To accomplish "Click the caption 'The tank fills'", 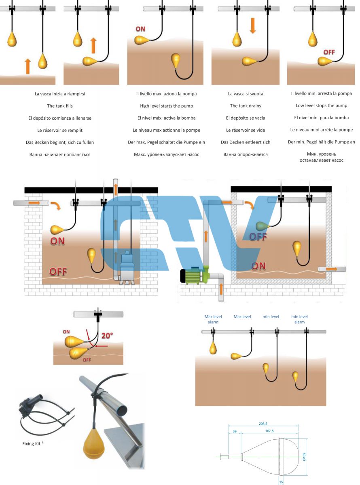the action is click(x=60, y=106).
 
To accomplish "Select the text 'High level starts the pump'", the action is click(x=167, y=106).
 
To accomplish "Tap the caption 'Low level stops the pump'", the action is click(x=322, y=105).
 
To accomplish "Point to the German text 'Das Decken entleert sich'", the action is click(x=246, y=142).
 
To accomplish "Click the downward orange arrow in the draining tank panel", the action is click(x=253, y=25).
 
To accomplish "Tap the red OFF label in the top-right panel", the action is click(x=329, y=52).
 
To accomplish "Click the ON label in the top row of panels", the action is click(x=140, y=29).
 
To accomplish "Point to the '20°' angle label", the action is click(x=107, y=335).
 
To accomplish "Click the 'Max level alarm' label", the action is click(x=213, y=319).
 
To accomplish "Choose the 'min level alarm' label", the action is click(x=299, y=319).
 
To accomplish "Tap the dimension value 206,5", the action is click(x=263, y=424).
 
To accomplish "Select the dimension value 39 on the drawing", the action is click(x=235, y=431).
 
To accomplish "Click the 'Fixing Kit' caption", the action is click(x=32, y=443).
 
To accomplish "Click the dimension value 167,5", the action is click(x=269, y=431).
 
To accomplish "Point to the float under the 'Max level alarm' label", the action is click(x=213, y=348).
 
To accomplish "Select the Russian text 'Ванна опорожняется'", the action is click(x=246, y=154).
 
